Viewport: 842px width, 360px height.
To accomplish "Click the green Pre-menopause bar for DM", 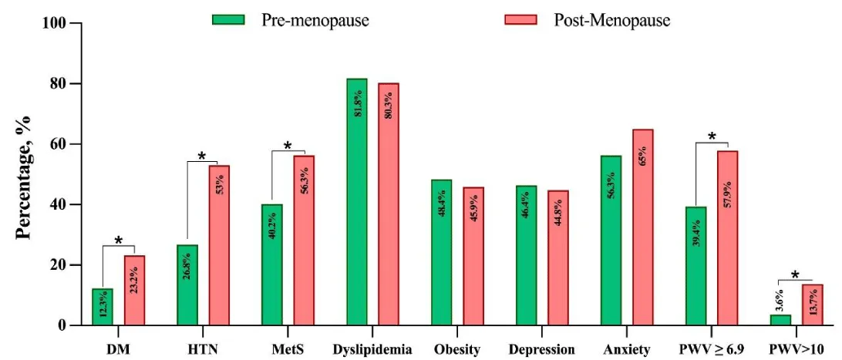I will pos(103,307).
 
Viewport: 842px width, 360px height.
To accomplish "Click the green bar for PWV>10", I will pos(781,320).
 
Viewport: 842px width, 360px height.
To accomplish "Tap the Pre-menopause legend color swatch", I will pos(228,19).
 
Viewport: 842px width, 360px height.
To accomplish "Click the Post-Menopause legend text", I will pos(611,20).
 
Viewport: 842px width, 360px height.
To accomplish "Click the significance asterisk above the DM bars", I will pos(119,241).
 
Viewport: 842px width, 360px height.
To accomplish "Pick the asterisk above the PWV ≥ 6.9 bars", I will pos(712,137).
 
